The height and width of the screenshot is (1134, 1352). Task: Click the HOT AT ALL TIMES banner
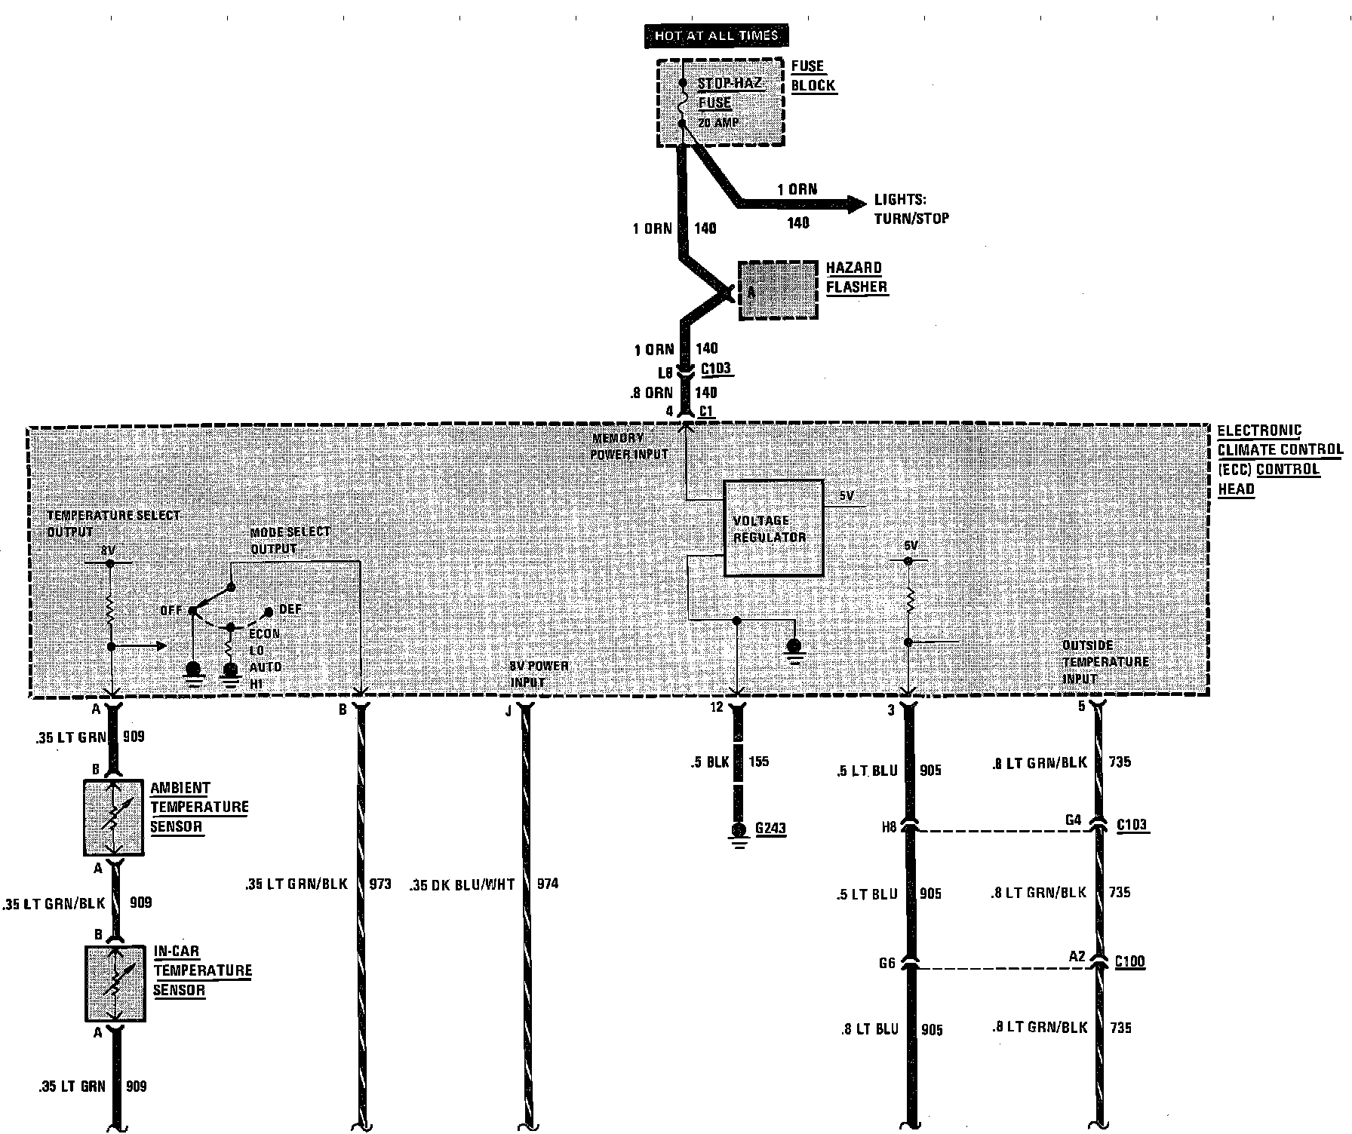point(715,35)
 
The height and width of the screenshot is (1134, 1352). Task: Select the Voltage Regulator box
point(773,528)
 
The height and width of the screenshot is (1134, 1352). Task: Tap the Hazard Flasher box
point(778,290)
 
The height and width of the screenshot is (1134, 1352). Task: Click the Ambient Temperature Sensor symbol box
point(113,817)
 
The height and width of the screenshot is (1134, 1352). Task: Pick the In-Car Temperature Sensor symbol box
point(115,983)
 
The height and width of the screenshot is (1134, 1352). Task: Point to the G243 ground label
point(770,828)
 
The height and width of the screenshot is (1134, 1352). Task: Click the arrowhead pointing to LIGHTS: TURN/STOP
point(856,204)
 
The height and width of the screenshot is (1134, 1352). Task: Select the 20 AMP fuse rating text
point(717,122)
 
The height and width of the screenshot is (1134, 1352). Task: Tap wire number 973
point(380,884)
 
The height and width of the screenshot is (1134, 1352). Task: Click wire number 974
point(548,884)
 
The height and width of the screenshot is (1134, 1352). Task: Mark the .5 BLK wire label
point(709,762)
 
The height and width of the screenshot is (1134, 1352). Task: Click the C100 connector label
point(1129,961)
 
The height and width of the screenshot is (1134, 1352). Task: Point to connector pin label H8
point(889,827)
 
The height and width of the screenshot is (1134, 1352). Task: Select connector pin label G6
point(886,963)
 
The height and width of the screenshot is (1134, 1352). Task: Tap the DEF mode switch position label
point(290,608)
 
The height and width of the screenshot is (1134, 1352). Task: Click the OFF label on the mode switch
point(171,610)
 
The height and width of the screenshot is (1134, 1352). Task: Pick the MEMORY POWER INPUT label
point(630,446)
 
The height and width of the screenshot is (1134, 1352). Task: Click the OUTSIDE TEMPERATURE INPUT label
point(1105,661)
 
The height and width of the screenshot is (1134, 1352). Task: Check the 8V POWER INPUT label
point(539,674)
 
